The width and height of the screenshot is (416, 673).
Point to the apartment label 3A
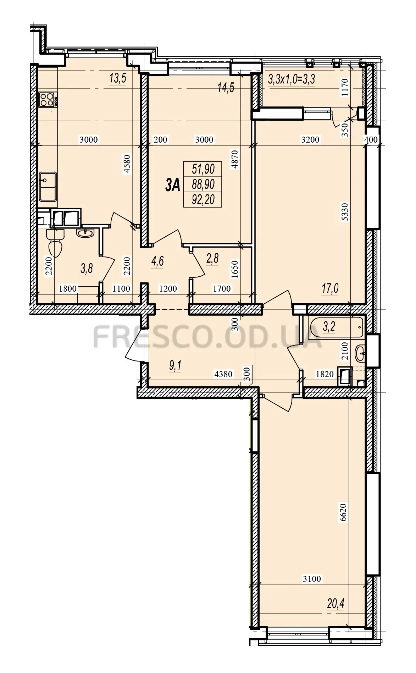point(173,185)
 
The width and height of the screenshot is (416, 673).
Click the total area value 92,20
point(203,200)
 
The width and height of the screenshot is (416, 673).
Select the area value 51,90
point(203,169)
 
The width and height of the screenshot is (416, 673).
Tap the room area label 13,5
point(118,78)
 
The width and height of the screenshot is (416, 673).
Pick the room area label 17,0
point(330,288)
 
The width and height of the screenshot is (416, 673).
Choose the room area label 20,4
point(335,603)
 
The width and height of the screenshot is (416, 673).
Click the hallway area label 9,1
point(175,366)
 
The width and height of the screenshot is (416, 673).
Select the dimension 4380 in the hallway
point(223,374)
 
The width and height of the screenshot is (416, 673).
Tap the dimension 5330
point(345,212)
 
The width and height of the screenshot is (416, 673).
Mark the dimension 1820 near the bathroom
point(325,374)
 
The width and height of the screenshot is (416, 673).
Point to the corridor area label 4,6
point(157,262)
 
